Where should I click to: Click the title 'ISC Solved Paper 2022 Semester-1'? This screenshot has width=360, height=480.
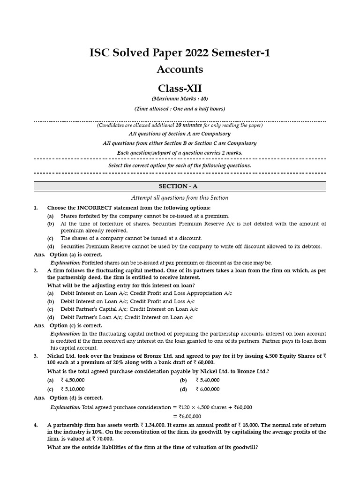180,53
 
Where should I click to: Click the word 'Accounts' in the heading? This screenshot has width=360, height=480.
180,69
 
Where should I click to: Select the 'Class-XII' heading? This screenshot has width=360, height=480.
180,88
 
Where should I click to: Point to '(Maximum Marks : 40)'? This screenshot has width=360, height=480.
180,99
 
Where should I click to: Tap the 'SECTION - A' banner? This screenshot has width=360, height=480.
180,186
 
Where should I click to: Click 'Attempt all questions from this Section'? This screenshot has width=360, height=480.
180,198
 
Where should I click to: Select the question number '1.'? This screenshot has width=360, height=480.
36,208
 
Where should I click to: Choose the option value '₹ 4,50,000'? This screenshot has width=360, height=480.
73,380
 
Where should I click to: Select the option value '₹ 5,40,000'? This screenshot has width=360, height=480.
207,380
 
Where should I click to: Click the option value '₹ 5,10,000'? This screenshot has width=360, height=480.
73,389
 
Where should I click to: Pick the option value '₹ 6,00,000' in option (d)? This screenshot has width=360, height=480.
207,389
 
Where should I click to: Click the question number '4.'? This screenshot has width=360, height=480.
36,425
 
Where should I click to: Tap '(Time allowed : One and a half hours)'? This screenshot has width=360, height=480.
180,109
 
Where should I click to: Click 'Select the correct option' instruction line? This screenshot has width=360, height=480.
180,165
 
